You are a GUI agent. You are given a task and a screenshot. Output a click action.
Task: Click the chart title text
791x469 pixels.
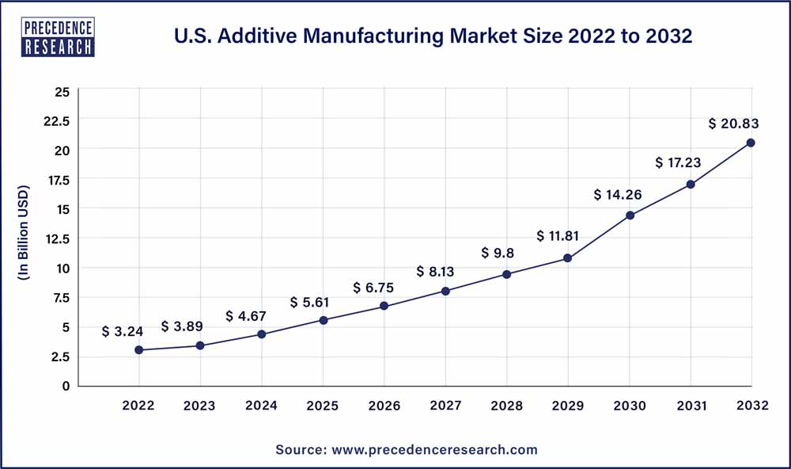coord(433,37)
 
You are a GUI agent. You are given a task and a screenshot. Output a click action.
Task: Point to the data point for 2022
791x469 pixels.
coord(138,349)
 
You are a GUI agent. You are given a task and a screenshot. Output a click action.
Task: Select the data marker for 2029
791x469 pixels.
coord(567,257)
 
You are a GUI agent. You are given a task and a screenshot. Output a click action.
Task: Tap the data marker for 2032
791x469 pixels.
coord(751,143)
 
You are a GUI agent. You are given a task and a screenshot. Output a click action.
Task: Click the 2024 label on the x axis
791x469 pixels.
coord(261,406)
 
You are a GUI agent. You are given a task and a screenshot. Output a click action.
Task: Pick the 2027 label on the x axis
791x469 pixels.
coord(445,406)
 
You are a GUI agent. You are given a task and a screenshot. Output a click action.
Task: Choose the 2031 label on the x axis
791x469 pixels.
coord(690,406)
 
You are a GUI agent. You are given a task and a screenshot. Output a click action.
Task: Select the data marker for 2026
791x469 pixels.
coord(384,306)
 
